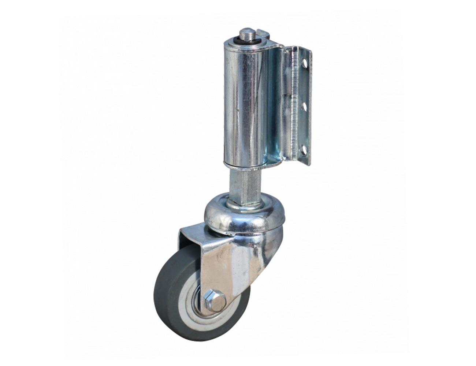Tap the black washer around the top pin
pyautogui.click(x=242, y=40)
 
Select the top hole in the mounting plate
pyautogui.click(x=304, y=64)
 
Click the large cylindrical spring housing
pyautogui.click(x=243, y=106)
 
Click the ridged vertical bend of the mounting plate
pyautogui.click(x=293, y=106)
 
